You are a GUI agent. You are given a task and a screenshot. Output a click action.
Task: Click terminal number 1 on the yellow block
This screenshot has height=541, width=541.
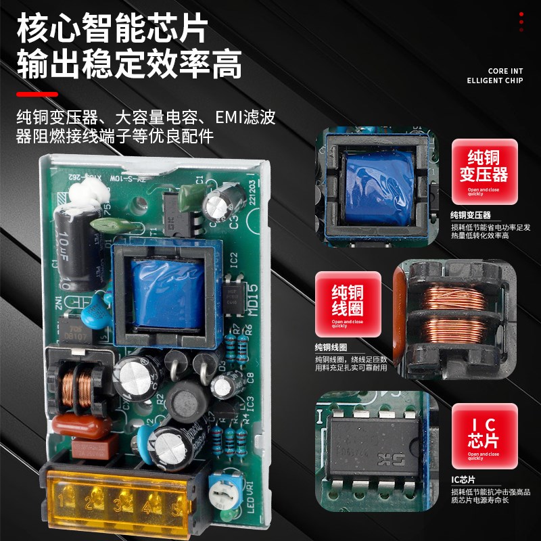coord(66,502)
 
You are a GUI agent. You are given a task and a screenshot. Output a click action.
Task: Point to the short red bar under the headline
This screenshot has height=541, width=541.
coord(37,94)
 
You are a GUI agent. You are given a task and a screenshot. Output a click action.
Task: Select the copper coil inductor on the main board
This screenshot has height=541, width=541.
coord(77,389)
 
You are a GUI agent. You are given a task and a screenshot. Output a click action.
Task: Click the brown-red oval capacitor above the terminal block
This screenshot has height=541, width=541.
coord(79,427)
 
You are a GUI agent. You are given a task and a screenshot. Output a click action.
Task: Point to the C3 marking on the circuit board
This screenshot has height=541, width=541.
coord(233,219)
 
